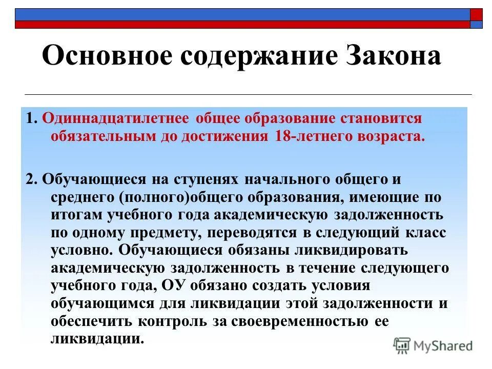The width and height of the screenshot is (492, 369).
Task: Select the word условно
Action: [81, 251]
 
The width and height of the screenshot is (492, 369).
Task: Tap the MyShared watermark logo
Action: [433, 346]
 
